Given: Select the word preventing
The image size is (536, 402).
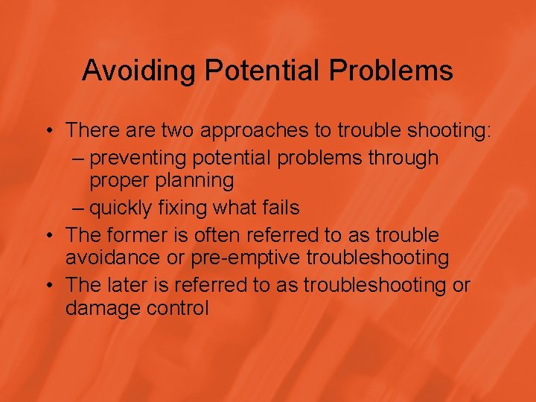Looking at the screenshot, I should pos(150,158).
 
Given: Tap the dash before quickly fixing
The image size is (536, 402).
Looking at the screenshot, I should pos(80,208).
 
